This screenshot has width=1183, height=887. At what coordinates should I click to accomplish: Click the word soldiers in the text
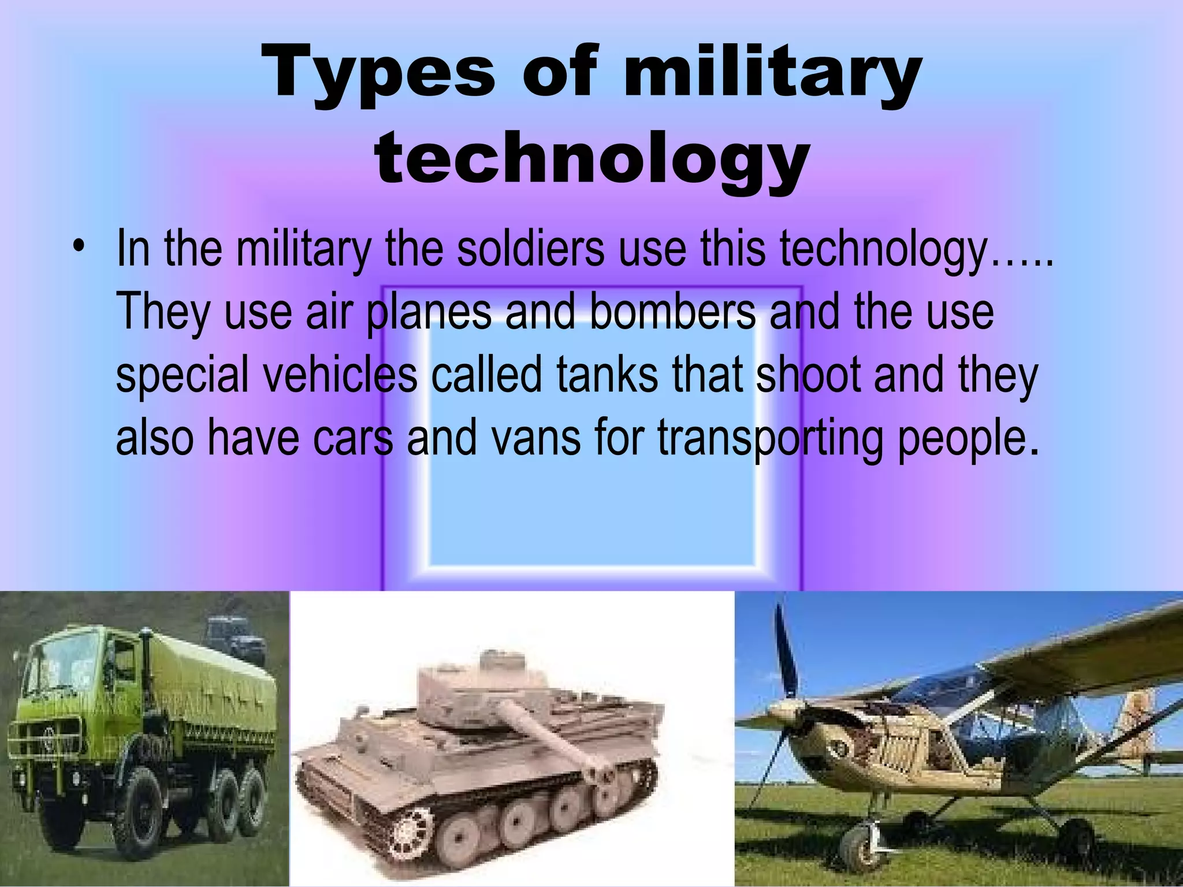530,249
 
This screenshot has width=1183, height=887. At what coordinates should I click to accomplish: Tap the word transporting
771,437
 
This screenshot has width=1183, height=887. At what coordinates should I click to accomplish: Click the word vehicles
341,375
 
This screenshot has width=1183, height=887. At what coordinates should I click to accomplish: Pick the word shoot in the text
809,375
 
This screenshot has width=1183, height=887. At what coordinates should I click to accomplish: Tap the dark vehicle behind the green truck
231,635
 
